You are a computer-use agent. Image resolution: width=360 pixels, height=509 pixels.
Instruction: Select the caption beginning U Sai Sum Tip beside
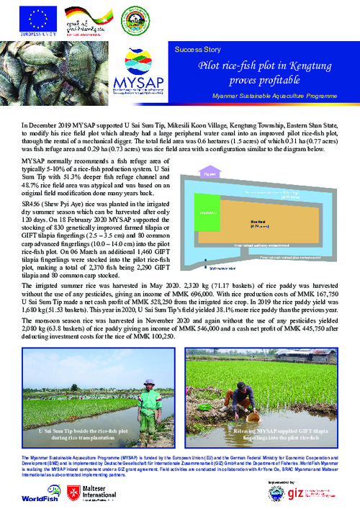pyautogui.click(x=89, y=434)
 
